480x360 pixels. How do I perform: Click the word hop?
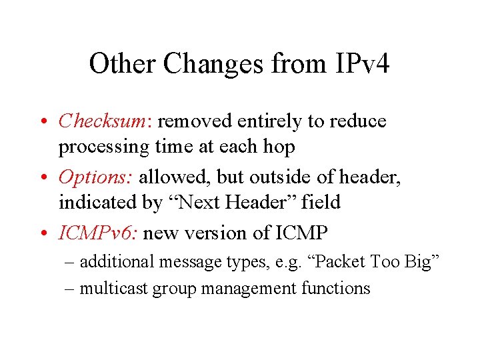click(278, 146)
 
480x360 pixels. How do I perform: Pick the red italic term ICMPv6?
click(99, 233)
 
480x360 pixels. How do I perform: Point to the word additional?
click(117, 262)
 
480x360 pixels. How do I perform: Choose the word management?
click(243, 289)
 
